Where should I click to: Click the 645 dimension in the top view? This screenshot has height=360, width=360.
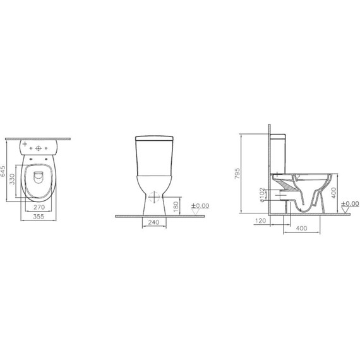(4, 171)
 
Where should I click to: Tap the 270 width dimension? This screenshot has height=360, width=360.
(39, 207)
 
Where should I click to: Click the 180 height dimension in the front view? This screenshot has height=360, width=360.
(176, 205)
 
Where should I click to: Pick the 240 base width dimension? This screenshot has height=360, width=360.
(153, 222)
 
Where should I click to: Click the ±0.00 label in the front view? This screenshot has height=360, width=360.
(200, 205)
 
